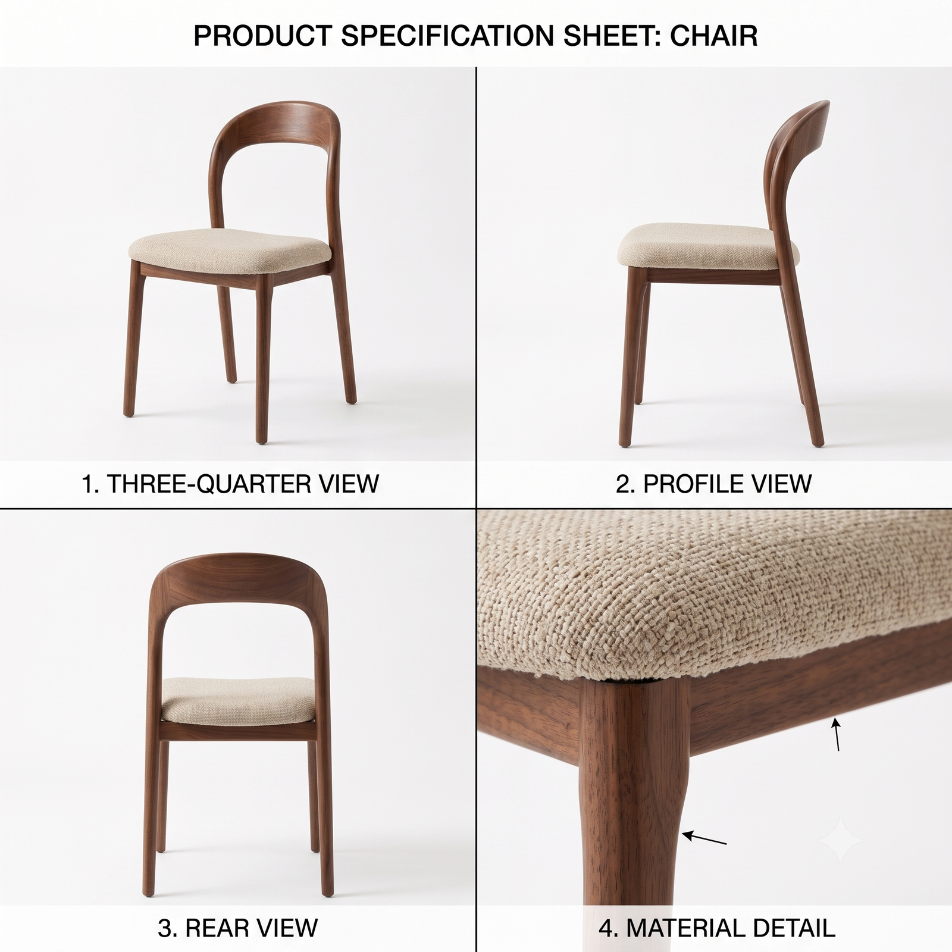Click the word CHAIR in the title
[714, 36]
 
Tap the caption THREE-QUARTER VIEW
[243, 484]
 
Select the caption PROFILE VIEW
[727, 484]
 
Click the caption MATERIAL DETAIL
[731, 928]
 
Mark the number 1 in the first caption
[87, 484]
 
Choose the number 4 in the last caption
[605, 928]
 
